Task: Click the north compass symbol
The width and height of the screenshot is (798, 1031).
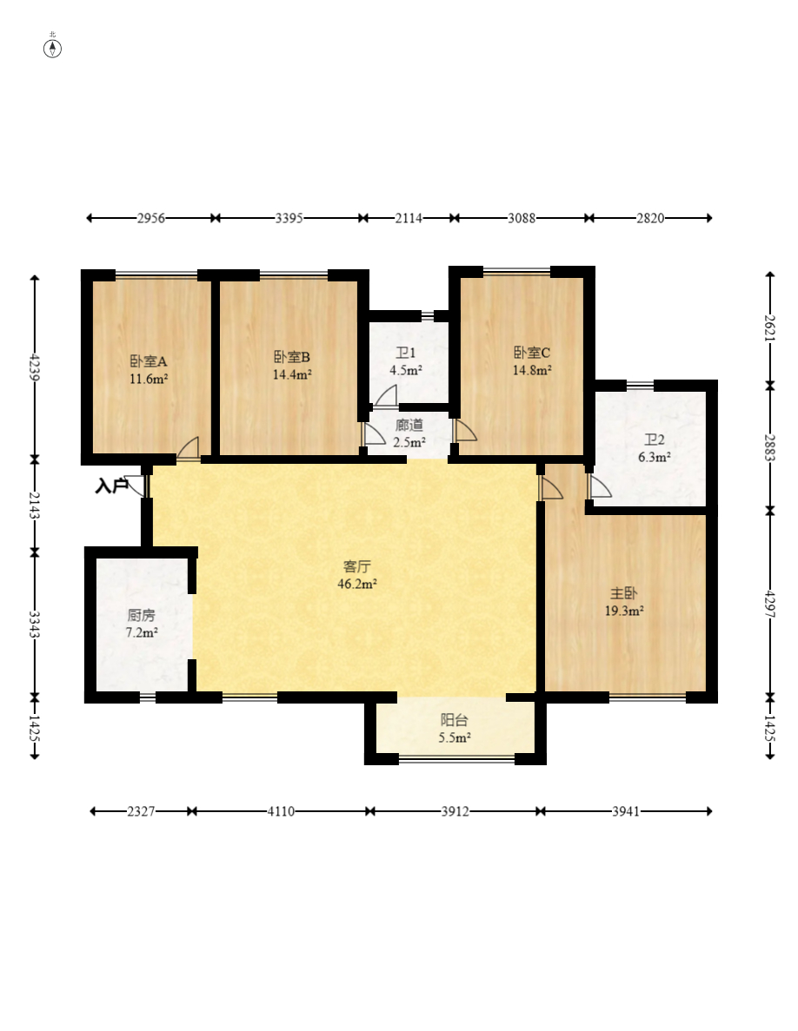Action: click(53, 48)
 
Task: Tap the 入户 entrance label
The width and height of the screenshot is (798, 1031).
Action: click(111, 486)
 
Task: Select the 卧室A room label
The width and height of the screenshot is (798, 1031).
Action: click(148, 361)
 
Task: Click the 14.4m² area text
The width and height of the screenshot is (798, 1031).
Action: click(292, 374)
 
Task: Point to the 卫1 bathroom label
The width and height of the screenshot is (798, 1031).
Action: click(405, 354)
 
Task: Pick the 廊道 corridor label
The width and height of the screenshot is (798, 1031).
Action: click(409, 426)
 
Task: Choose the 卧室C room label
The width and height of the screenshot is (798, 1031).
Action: click(531, 353)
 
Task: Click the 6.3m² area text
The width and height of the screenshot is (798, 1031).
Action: click(655, 458)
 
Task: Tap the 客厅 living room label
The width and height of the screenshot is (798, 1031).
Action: click(357, 566)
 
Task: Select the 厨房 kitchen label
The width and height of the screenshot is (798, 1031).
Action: click(142, 616)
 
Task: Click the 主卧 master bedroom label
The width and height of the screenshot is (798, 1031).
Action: click(623, 593)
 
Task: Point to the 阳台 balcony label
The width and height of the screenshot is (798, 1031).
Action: click(454, 720)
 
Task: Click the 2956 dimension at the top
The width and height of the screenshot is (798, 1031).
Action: click(150, 218)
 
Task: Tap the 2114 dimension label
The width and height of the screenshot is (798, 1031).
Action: click(409, 218)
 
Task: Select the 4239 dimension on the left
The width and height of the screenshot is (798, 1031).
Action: click(35, 367)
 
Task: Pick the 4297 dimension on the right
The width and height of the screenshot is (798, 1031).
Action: click(770, 605)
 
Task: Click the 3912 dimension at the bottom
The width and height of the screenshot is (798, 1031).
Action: click(456, 811)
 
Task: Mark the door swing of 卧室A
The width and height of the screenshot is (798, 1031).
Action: click(188, 448)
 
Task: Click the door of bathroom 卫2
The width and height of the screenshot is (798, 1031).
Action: click(599, 486)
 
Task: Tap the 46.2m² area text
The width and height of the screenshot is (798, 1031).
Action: click(357, 584)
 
